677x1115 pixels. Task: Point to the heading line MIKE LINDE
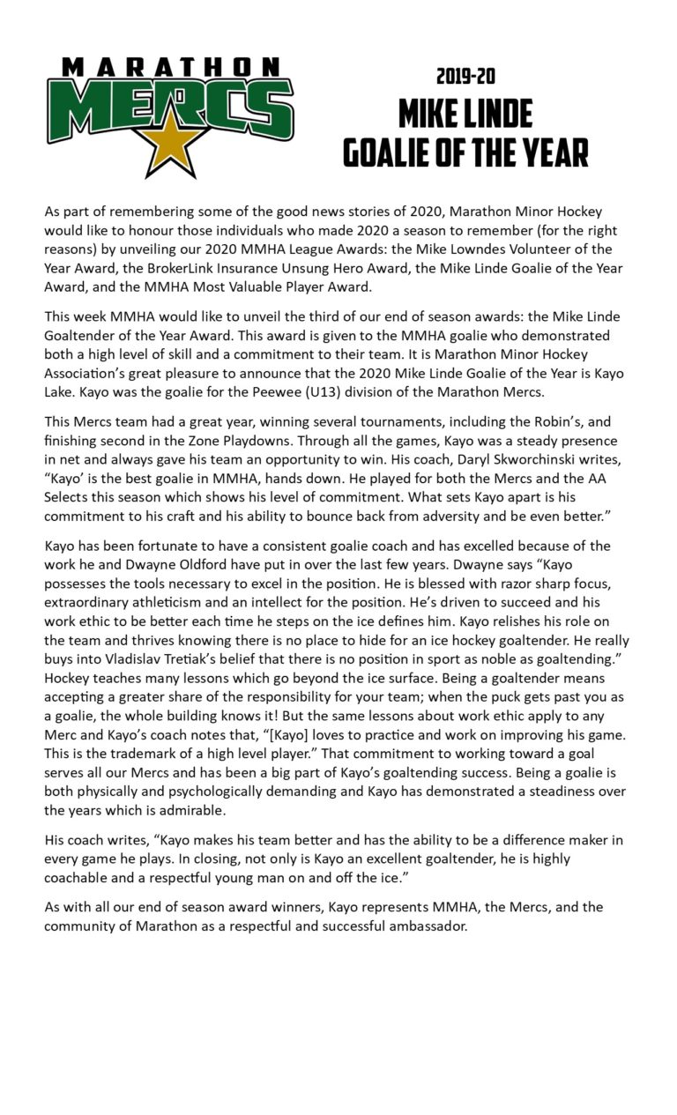click(x=465, y=114)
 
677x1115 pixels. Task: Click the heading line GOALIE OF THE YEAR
click(x=465, y=152)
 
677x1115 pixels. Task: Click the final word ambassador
click(x=428, y=926)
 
